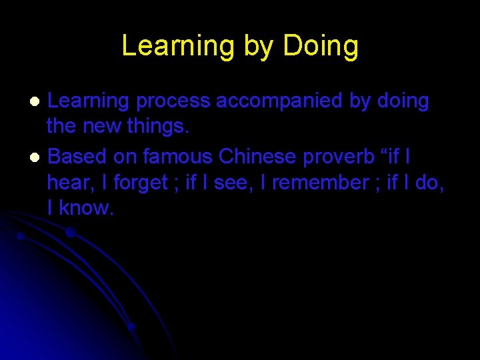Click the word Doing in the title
tap(321, 46)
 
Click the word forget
tap(141, 182)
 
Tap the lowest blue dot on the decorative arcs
tap(132, 327)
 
